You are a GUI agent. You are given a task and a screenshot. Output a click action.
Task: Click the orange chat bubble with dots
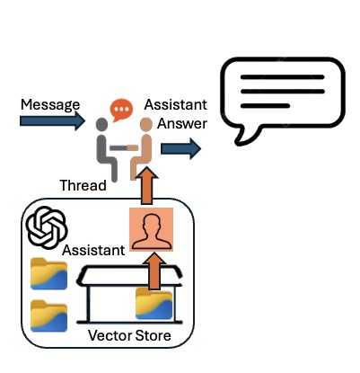tap(121, 110)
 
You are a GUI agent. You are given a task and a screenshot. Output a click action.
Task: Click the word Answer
tap(182, 123)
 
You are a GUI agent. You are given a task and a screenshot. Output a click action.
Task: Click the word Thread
tap(83, 186)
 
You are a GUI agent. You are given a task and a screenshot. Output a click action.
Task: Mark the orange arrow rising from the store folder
tap(154, 271)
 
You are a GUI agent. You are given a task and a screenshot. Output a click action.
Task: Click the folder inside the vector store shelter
tap(154, 304)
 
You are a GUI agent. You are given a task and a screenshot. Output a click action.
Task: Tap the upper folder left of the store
tap(48, 274)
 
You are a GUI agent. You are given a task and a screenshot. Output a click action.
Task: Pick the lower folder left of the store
tap(48, 316)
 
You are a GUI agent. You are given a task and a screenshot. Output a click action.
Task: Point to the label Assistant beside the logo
tap(93, 251)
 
